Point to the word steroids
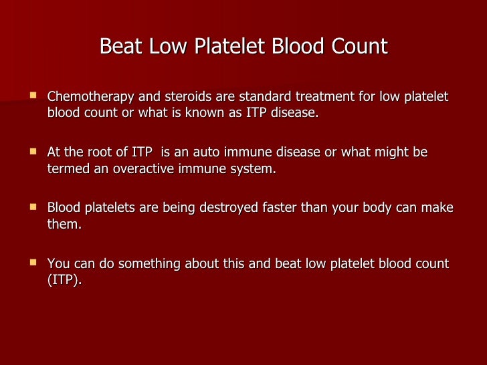(178, 98)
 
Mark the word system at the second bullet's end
(254, 168)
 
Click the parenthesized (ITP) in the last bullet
(64, 280)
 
